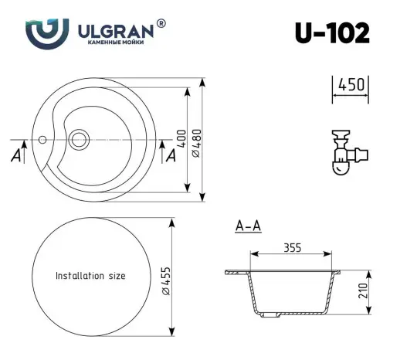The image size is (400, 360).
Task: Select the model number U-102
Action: (x=331, y=32)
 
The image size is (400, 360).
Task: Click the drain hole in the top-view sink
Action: (x=79, y=141)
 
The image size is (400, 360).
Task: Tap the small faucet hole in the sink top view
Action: (x=43, y=141)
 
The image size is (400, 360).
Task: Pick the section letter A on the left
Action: (x=16, y=156)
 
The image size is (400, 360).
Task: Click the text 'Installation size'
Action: (x=90, y=275)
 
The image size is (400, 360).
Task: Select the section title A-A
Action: (x=246, y=226)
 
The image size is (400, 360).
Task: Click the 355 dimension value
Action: (x=291, y=248)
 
